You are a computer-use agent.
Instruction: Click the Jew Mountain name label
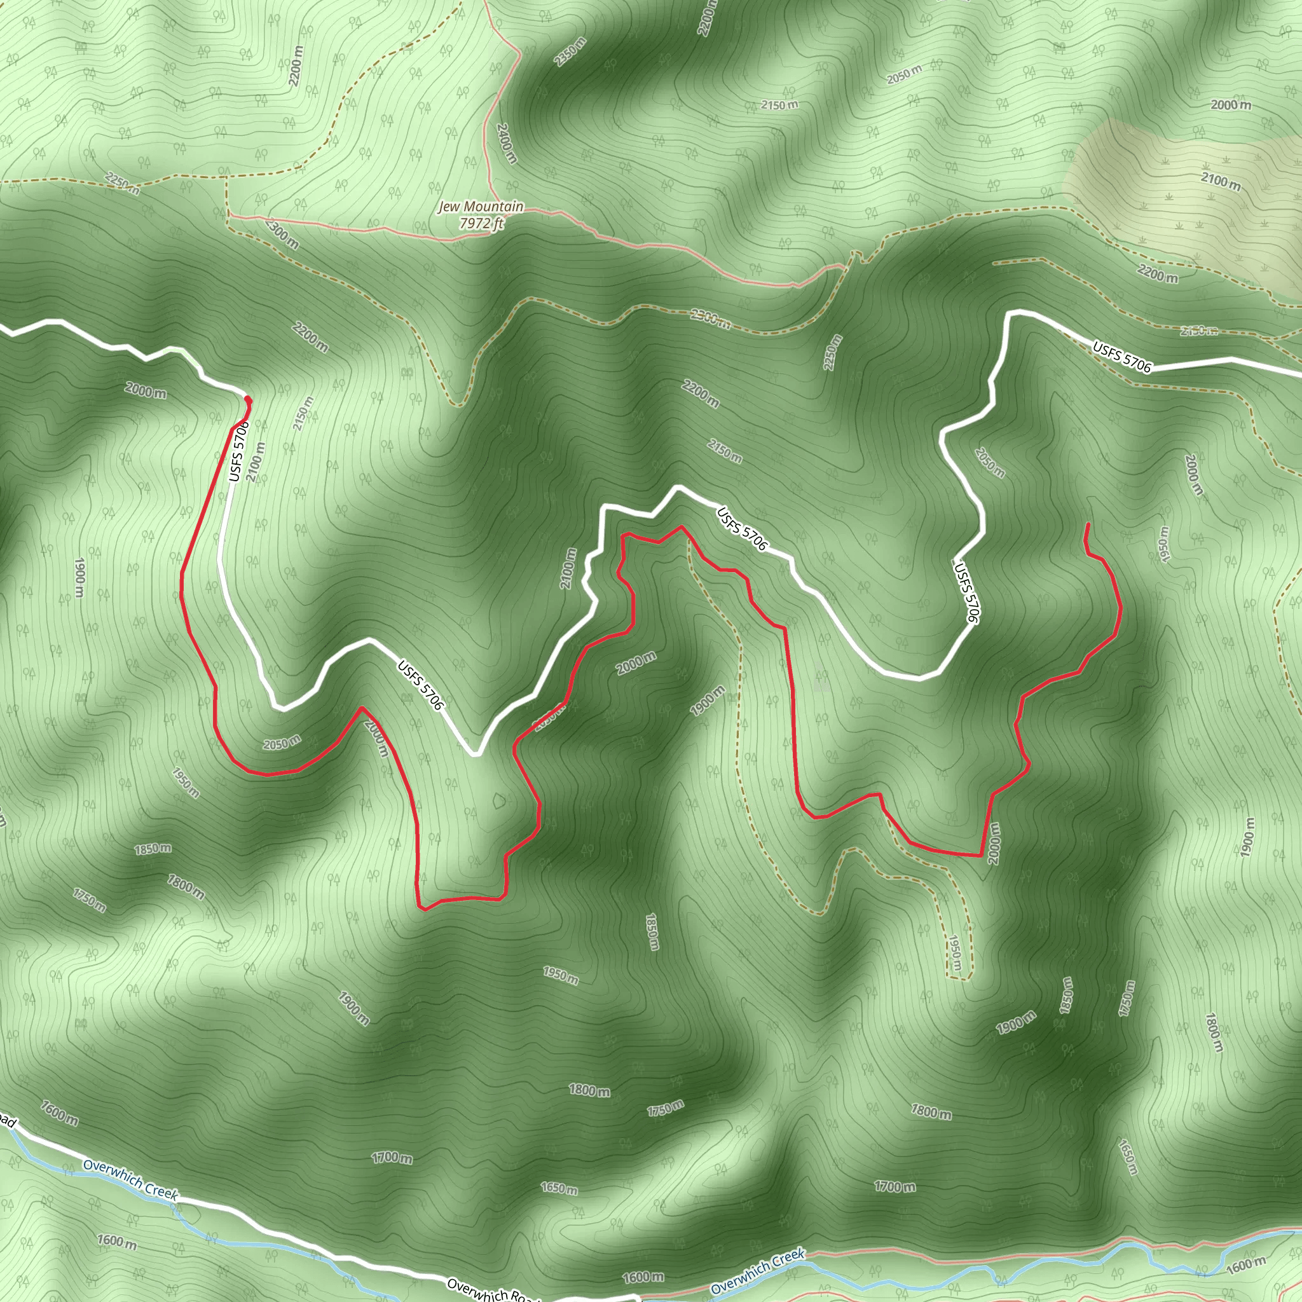click(481, 206)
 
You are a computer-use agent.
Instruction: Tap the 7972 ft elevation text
click(481, 223)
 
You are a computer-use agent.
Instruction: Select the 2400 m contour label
click(506, 144)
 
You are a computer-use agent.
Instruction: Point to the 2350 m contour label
click(570, 51)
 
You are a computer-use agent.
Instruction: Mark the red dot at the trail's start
click(247, 401)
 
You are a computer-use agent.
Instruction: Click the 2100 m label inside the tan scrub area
click(1220, 181)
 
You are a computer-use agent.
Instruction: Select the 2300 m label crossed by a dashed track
click(709, 317)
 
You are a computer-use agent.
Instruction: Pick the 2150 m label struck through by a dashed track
click(1198, 330)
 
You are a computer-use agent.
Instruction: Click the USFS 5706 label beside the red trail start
click(238, 451)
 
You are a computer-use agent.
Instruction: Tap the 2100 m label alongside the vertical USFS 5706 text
click(256, 462)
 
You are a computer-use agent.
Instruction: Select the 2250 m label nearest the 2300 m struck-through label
click(833, 352)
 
